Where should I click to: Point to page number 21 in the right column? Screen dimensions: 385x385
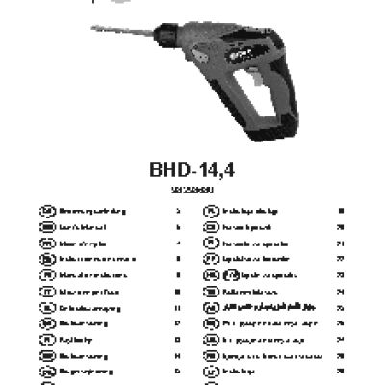[341, 243]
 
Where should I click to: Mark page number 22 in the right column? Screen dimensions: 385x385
[341, 258]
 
